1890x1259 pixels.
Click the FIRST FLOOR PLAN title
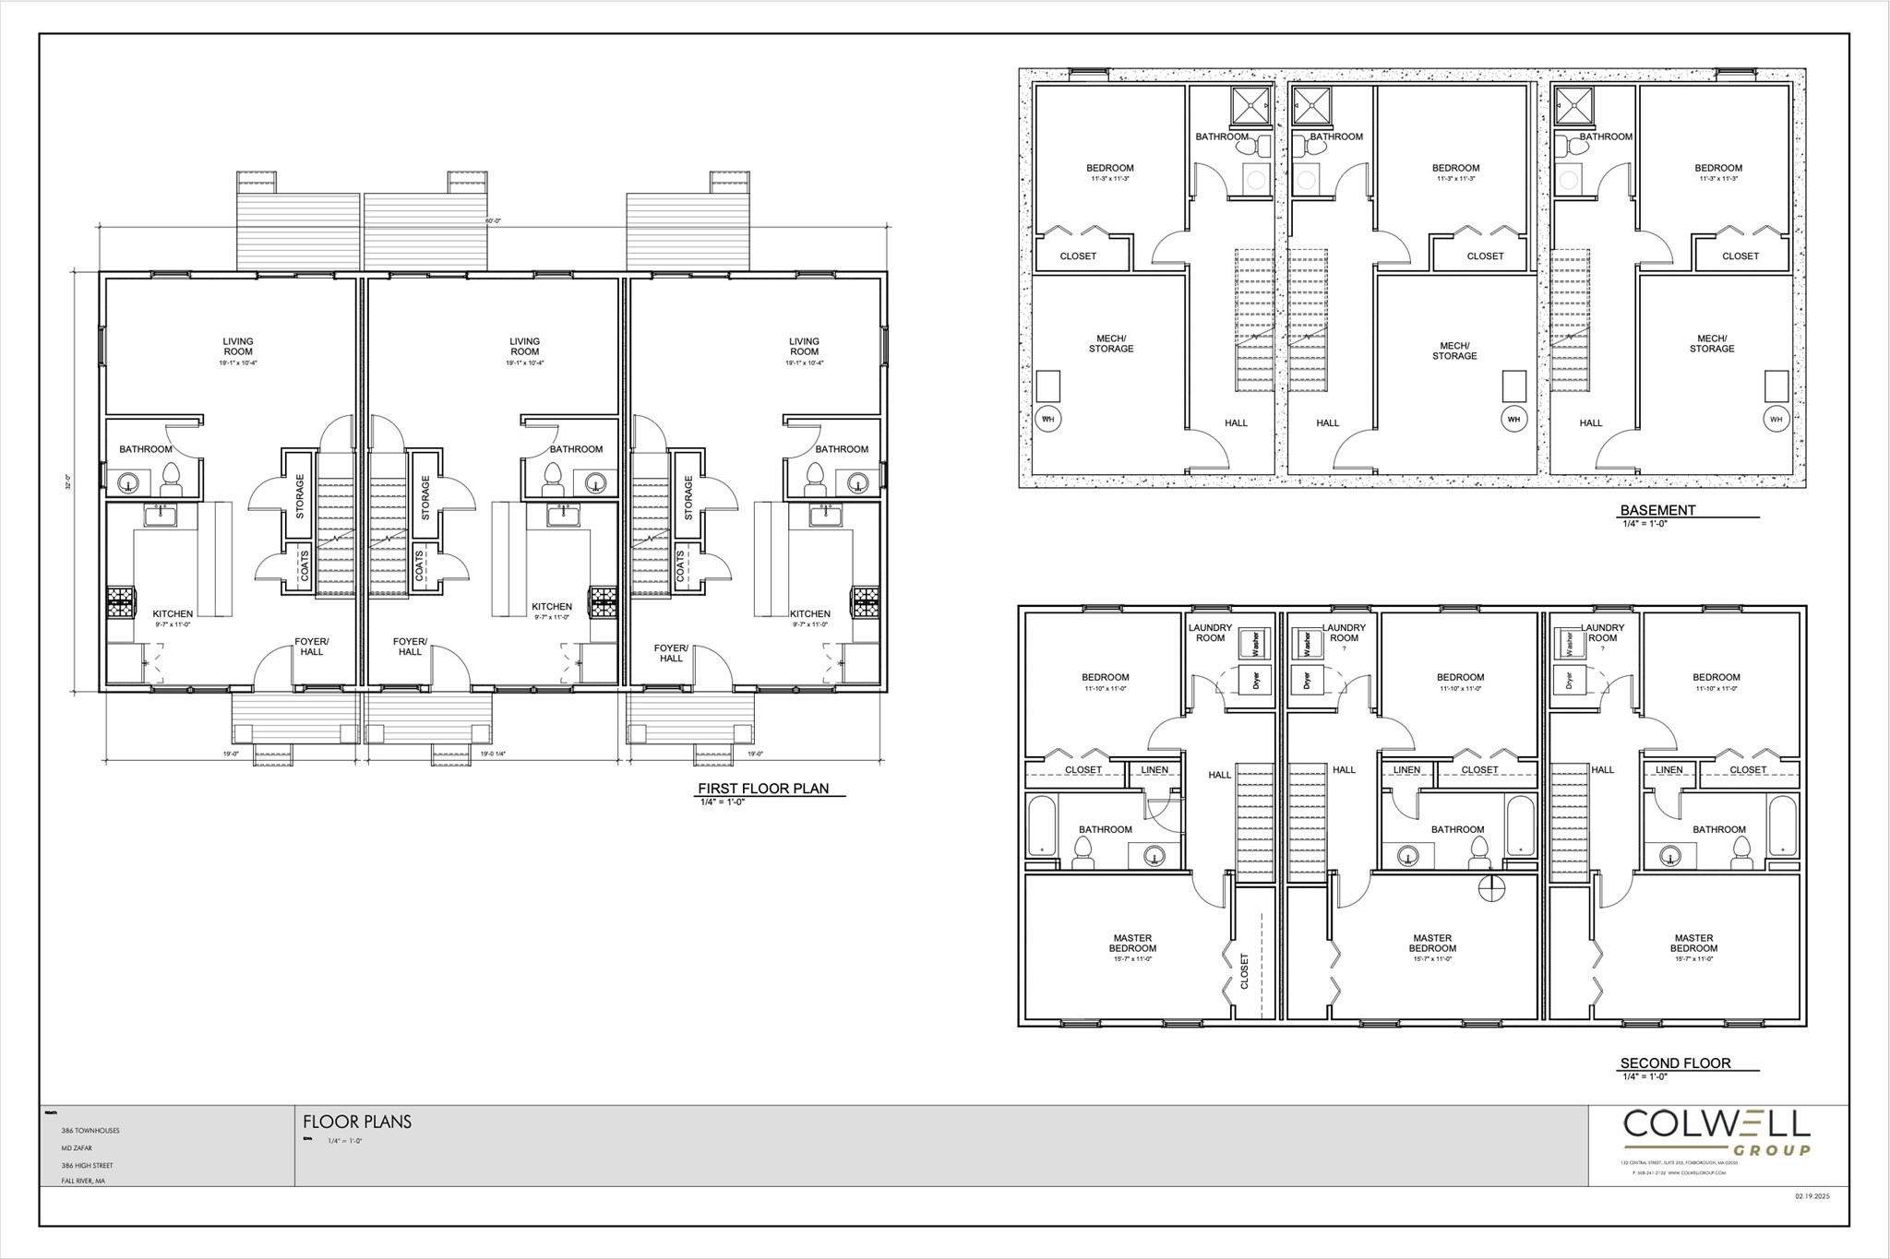coord(762,789)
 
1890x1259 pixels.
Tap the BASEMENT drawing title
coord(1657,510)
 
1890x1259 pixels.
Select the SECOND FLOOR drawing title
coord(1675,1063)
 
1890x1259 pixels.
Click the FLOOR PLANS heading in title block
coord(357,1122)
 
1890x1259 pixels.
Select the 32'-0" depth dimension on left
coord(68,481)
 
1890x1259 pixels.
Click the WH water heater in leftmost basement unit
coord(1047,419)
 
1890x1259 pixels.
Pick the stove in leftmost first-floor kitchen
coord(120,602)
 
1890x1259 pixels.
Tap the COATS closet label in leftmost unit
coord(304,567)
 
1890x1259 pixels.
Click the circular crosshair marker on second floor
coord(1491,888)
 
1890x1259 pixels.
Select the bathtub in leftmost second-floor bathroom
coord(1041,825)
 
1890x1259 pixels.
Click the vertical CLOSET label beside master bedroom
coord(1245,971)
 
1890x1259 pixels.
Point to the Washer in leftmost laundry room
coord(1254,642)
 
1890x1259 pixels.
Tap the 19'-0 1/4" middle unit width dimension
coord(493,754)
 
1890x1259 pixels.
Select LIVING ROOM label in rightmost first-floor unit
coord(804,346)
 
